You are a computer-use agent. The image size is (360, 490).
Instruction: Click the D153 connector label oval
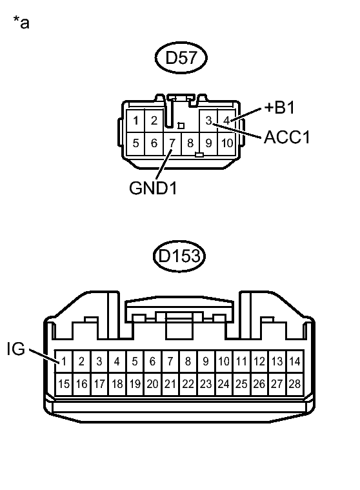click(x=180, y=258)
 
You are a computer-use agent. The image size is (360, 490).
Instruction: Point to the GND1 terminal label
click(x=153, y=188)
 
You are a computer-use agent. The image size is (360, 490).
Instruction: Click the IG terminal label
click(x=15, y=349)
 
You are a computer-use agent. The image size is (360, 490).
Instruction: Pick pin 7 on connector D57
click(x=172, y=143)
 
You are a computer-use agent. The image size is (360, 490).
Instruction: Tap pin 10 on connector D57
click(x=226, y=143)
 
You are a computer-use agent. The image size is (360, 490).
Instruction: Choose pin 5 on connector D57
click(x=136, y=143)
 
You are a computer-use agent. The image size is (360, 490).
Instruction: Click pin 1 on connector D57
click(x=136, y=121)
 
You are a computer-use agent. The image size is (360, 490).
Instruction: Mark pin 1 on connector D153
click(x=64, y=362)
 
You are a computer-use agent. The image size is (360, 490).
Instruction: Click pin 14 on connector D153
click(x=294, y=362)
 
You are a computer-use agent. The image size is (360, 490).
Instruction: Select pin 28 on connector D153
click(x=294, y=383)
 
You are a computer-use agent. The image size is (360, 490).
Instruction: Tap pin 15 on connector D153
click(x=64, y=383)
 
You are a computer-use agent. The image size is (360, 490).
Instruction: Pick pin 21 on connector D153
click(x=170, y=383)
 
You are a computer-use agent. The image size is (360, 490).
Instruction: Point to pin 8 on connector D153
click(x=188, y=362)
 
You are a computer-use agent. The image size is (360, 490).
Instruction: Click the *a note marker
click(x=21, y=24)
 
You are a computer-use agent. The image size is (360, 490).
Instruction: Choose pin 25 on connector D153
click(x=241, y=383)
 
